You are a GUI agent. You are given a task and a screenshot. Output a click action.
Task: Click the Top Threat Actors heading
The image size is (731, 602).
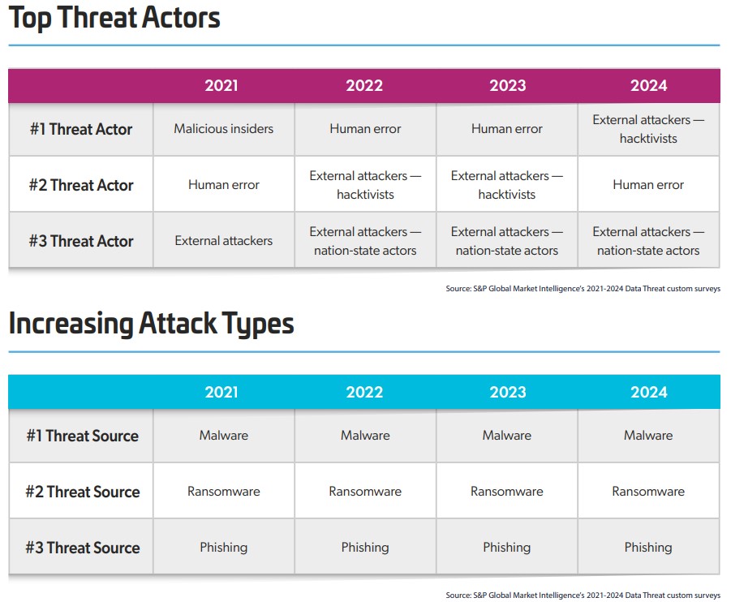114,19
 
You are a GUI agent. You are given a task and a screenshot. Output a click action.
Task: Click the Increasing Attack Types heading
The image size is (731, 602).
152,324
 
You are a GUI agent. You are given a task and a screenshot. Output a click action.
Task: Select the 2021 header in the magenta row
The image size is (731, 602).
221,85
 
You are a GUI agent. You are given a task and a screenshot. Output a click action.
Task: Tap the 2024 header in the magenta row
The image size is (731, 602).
648,85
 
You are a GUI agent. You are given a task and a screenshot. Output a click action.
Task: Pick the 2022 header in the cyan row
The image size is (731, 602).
364,392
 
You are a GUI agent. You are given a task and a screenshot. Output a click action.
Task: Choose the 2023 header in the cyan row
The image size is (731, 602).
508,392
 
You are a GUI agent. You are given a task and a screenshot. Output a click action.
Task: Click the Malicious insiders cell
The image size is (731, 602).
224,129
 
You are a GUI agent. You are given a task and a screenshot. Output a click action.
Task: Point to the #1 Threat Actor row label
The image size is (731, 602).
81,129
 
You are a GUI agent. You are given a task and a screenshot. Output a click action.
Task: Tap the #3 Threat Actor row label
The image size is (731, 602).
81,241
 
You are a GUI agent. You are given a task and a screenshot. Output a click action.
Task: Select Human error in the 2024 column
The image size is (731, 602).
648,185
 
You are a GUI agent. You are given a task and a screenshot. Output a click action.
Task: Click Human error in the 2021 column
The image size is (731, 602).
224,185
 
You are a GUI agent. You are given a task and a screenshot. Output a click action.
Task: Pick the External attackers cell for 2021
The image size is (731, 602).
224,241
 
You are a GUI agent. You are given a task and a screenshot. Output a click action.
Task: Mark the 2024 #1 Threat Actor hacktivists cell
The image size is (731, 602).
648,129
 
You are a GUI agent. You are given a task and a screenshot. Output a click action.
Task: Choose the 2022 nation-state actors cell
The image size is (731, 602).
365,241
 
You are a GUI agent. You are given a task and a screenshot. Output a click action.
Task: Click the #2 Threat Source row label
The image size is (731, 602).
83,492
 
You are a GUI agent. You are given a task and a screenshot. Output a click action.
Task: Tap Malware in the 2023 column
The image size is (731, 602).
507,436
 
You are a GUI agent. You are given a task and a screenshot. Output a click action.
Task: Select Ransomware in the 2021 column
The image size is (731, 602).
224,492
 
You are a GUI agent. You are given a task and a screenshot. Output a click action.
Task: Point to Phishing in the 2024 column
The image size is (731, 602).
648,548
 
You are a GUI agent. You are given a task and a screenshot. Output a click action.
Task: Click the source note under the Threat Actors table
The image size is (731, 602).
583,289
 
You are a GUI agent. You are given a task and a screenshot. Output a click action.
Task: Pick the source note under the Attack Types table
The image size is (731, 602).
583,596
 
